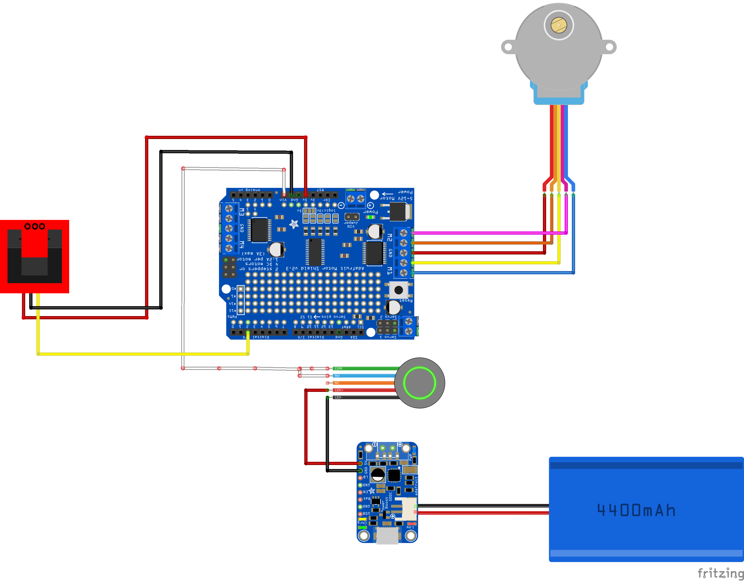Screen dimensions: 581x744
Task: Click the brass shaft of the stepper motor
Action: click(559, 25)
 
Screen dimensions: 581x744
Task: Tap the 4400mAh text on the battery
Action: click(636, 510)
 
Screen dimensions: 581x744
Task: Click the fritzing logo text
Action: click(720, 573)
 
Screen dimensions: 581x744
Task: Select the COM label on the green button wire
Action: click(338, 368)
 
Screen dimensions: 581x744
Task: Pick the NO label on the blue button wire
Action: click(337, 376)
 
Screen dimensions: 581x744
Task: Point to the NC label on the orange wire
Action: click(337, 383)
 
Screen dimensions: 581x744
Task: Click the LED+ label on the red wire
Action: click(339, 390)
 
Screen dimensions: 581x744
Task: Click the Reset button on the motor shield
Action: click(398, 290)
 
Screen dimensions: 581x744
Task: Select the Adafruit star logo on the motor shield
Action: click(294, 224)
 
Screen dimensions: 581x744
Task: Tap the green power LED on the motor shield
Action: click(370, 217)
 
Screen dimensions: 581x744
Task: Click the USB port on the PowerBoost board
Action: click(387, 535)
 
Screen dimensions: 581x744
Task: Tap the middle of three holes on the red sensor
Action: click(35, 226)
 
